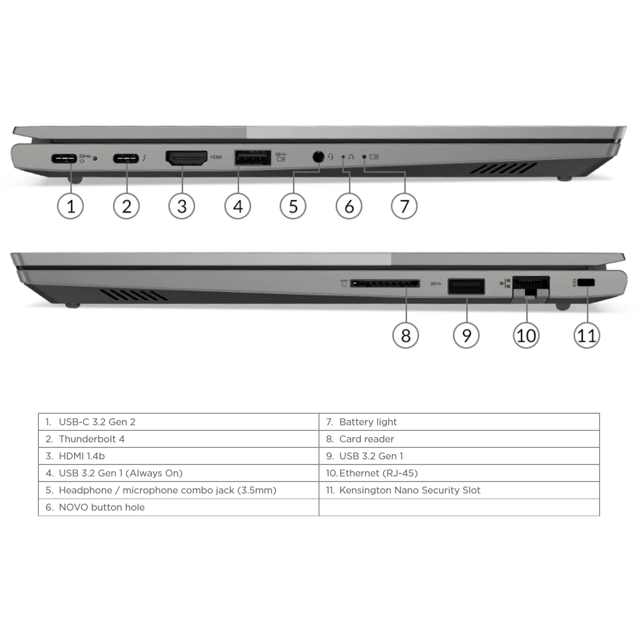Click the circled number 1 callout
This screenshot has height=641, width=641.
point(71,206)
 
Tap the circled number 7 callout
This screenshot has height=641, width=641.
point(404,206)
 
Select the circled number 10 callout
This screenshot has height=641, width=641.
point(526,335)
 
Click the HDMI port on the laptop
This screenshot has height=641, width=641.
point(186,158)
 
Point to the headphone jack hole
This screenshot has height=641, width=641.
point(318,157)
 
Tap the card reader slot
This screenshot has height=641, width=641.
point(385,284)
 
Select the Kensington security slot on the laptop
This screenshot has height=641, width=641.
point(587,282)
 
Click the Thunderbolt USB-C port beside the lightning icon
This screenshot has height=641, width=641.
point(126,158)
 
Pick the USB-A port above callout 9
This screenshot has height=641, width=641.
point(466,286)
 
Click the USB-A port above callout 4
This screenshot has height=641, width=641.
point(252,158)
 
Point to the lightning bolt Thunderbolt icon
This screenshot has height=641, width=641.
point(144,158)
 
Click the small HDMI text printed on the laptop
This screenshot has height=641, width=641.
point(216,157)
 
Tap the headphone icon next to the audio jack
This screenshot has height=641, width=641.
point(331,157)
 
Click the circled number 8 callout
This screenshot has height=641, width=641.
point(405,335)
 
